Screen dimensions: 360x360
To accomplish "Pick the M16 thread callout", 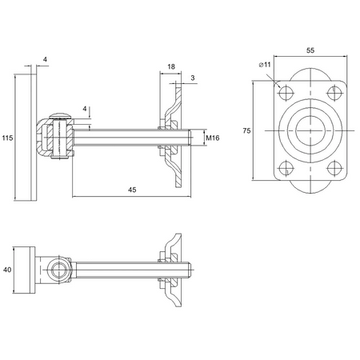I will [x=213, y=138].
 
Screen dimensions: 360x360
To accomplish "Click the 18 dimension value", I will [x=172, y=68].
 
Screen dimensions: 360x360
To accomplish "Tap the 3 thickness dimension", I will [x=193, y=78].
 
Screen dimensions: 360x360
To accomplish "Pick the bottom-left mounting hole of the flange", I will [x=282, y=168].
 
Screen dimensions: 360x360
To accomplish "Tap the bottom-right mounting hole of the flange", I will [x=334, y=168].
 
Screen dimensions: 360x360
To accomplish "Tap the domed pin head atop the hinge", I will [x=61, y=114].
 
